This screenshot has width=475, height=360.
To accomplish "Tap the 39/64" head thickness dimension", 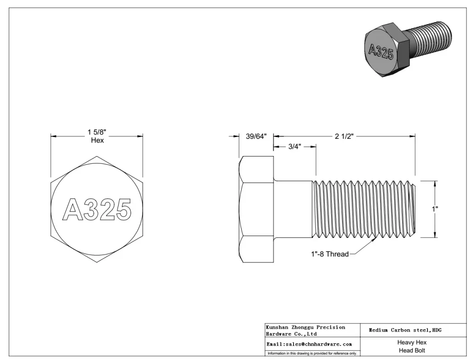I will pyautogui.click(x=256, y=136).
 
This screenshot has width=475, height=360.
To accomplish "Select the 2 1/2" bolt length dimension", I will pyautogui.click(x=344, y=136).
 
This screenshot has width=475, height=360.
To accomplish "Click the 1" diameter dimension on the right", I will pyautogui.click(x=435, y=209).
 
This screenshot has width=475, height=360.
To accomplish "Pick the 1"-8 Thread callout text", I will pyautogui.click(x=329, y=254).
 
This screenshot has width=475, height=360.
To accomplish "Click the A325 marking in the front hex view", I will pyautogui.click(x=96, y=209).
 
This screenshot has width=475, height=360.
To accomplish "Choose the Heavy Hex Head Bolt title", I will pyautogui.click(x=412, y=346).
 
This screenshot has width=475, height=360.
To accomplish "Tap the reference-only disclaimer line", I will pyautogui.click(x=312, y=353).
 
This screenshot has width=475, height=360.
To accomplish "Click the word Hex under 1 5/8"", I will pyautogui.click(x=97, y=141).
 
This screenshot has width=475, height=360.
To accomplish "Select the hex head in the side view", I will pyautogui.click(x=256, y=209).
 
